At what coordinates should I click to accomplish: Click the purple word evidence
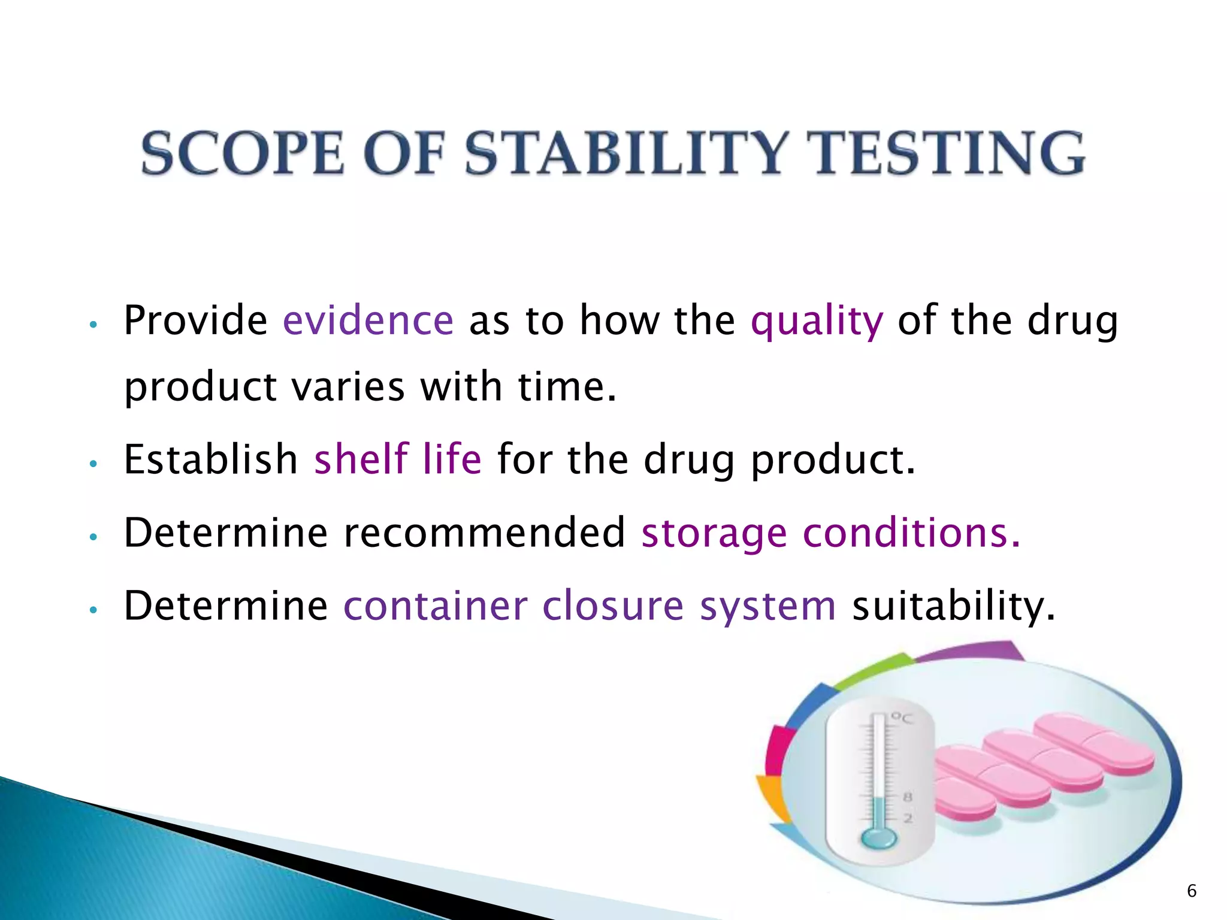click(x=368, y=320)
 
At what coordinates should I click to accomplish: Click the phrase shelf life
click(x=398, y=459)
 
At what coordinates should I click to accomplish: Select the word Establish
click(x=211, y=459)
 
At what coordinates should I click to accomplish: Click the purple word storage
click(x=714, y=533)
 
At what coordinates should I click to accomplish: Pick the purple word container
click(x=436, y=606)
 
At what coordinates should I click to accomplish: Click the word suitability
click(x=953, y=606)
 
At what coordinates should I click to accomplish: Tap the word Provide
click(x=195, y=320)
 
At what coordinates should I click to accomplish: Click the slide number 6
click(x=1192, y=891)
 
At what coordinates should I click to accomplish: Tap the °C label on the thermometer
click(x=902, y=717)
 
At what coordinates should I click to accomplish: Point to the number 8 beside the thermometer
click(x=908, y=797)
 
